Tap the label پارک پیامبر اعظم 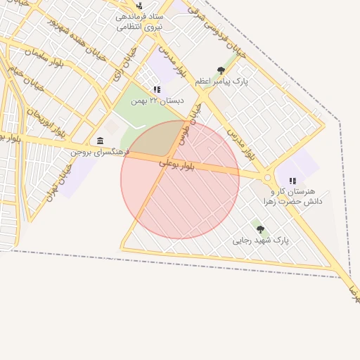coord(221,82)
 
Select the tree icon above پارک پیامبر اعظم coord(221,70)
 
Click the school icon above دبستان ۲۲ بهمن coord(157,90)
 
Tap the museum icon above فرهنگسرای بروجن coord(100,141)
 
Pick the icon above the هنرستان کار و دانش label coord(292,181)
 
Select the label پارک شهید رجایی coord(261,240)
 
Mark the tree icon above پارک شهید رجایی coord(260,229)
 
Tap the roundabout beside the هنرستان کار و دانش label coord(267,178)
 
